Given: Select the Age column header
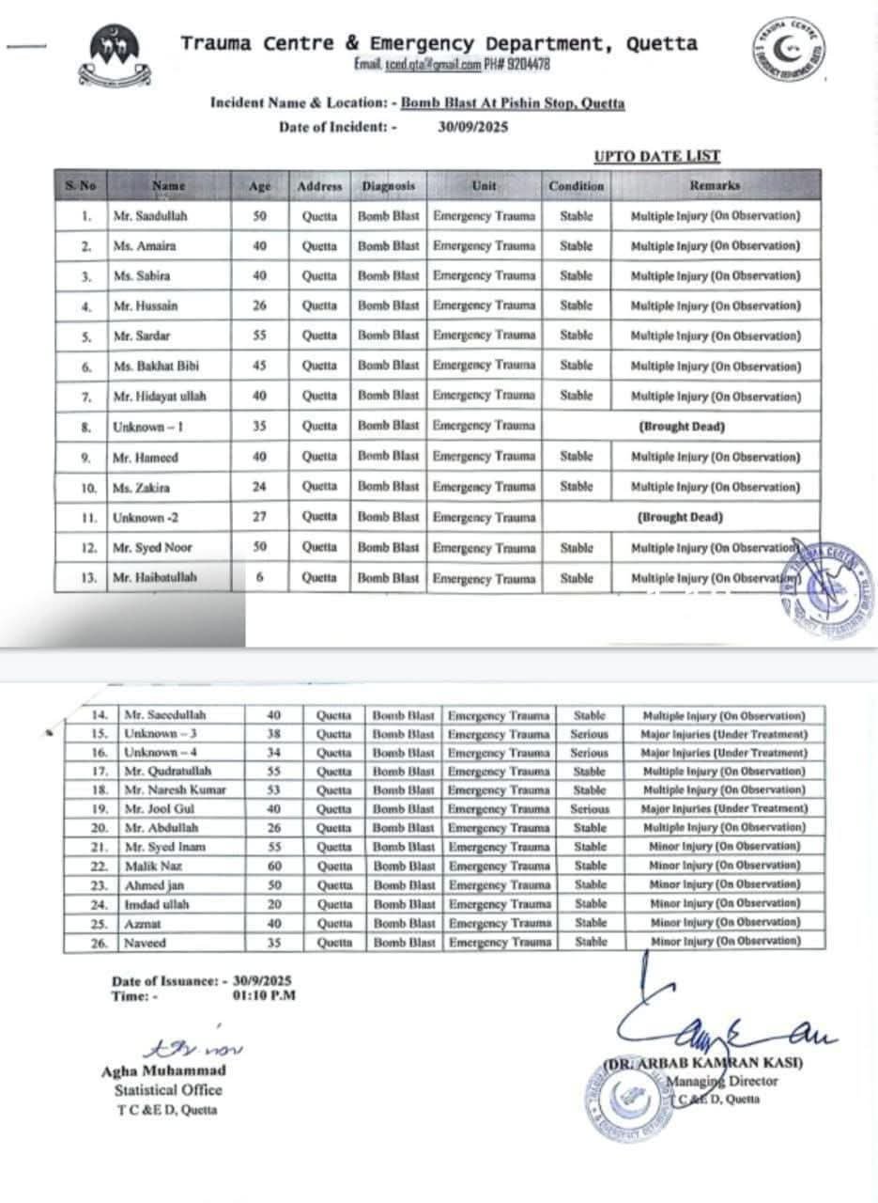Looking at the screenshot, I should point(259,186).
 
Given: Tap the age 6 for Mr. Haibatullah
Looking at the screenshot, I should point(260,578).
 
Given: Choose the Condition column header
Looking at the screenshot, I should point(577,186).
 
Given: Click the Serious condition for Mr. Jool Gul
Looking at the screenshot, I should point(590,809).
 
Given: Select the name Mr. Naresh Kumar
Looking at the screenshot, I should point(176,790).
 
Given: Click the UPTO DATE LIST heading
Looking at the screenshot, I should point(656,156).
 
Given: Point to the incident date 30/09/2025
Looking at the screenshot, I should point(472,127).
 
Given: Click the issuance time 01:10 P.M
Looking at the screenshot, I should point(264,995).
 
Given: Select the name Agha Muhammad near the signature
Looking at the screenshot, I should point(163,1070).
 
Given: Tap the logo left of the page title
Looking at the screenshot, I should point(115,54).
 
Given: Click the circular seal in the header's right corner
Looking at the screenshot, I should point(789,49).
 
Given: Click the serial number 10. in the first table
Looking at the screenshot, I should point(87,488).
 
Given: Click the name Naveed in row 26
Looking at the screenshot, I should point(145,942).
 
